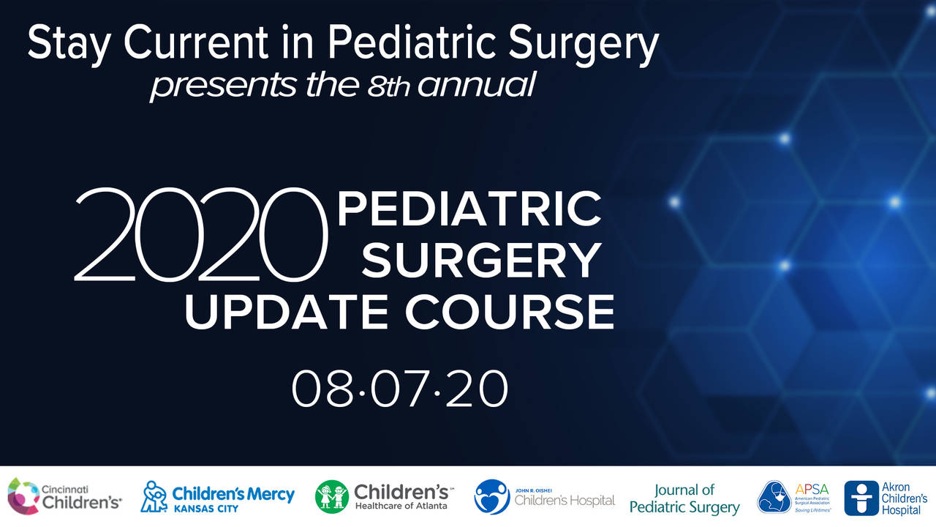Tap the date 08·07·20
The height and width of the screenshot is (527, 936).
[400, 389]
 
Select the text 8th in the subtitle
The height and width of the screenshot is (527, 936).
[388, 86]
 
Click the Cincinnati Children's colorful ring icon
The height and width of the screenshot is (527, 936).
[23, 496]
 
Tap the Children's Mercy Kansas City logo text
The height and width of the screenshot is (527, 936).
[233, 494]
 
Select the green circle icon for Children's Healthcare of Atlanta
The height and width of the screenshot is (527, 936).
[332, 497]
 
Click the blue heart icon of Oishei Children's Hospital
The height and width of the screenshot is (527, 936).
[491, 497]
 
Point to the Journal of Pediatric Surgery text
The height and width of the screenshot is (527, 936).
[684, 498]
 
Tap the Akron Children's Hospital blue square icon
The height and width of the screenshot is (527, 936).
[861, 498]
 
